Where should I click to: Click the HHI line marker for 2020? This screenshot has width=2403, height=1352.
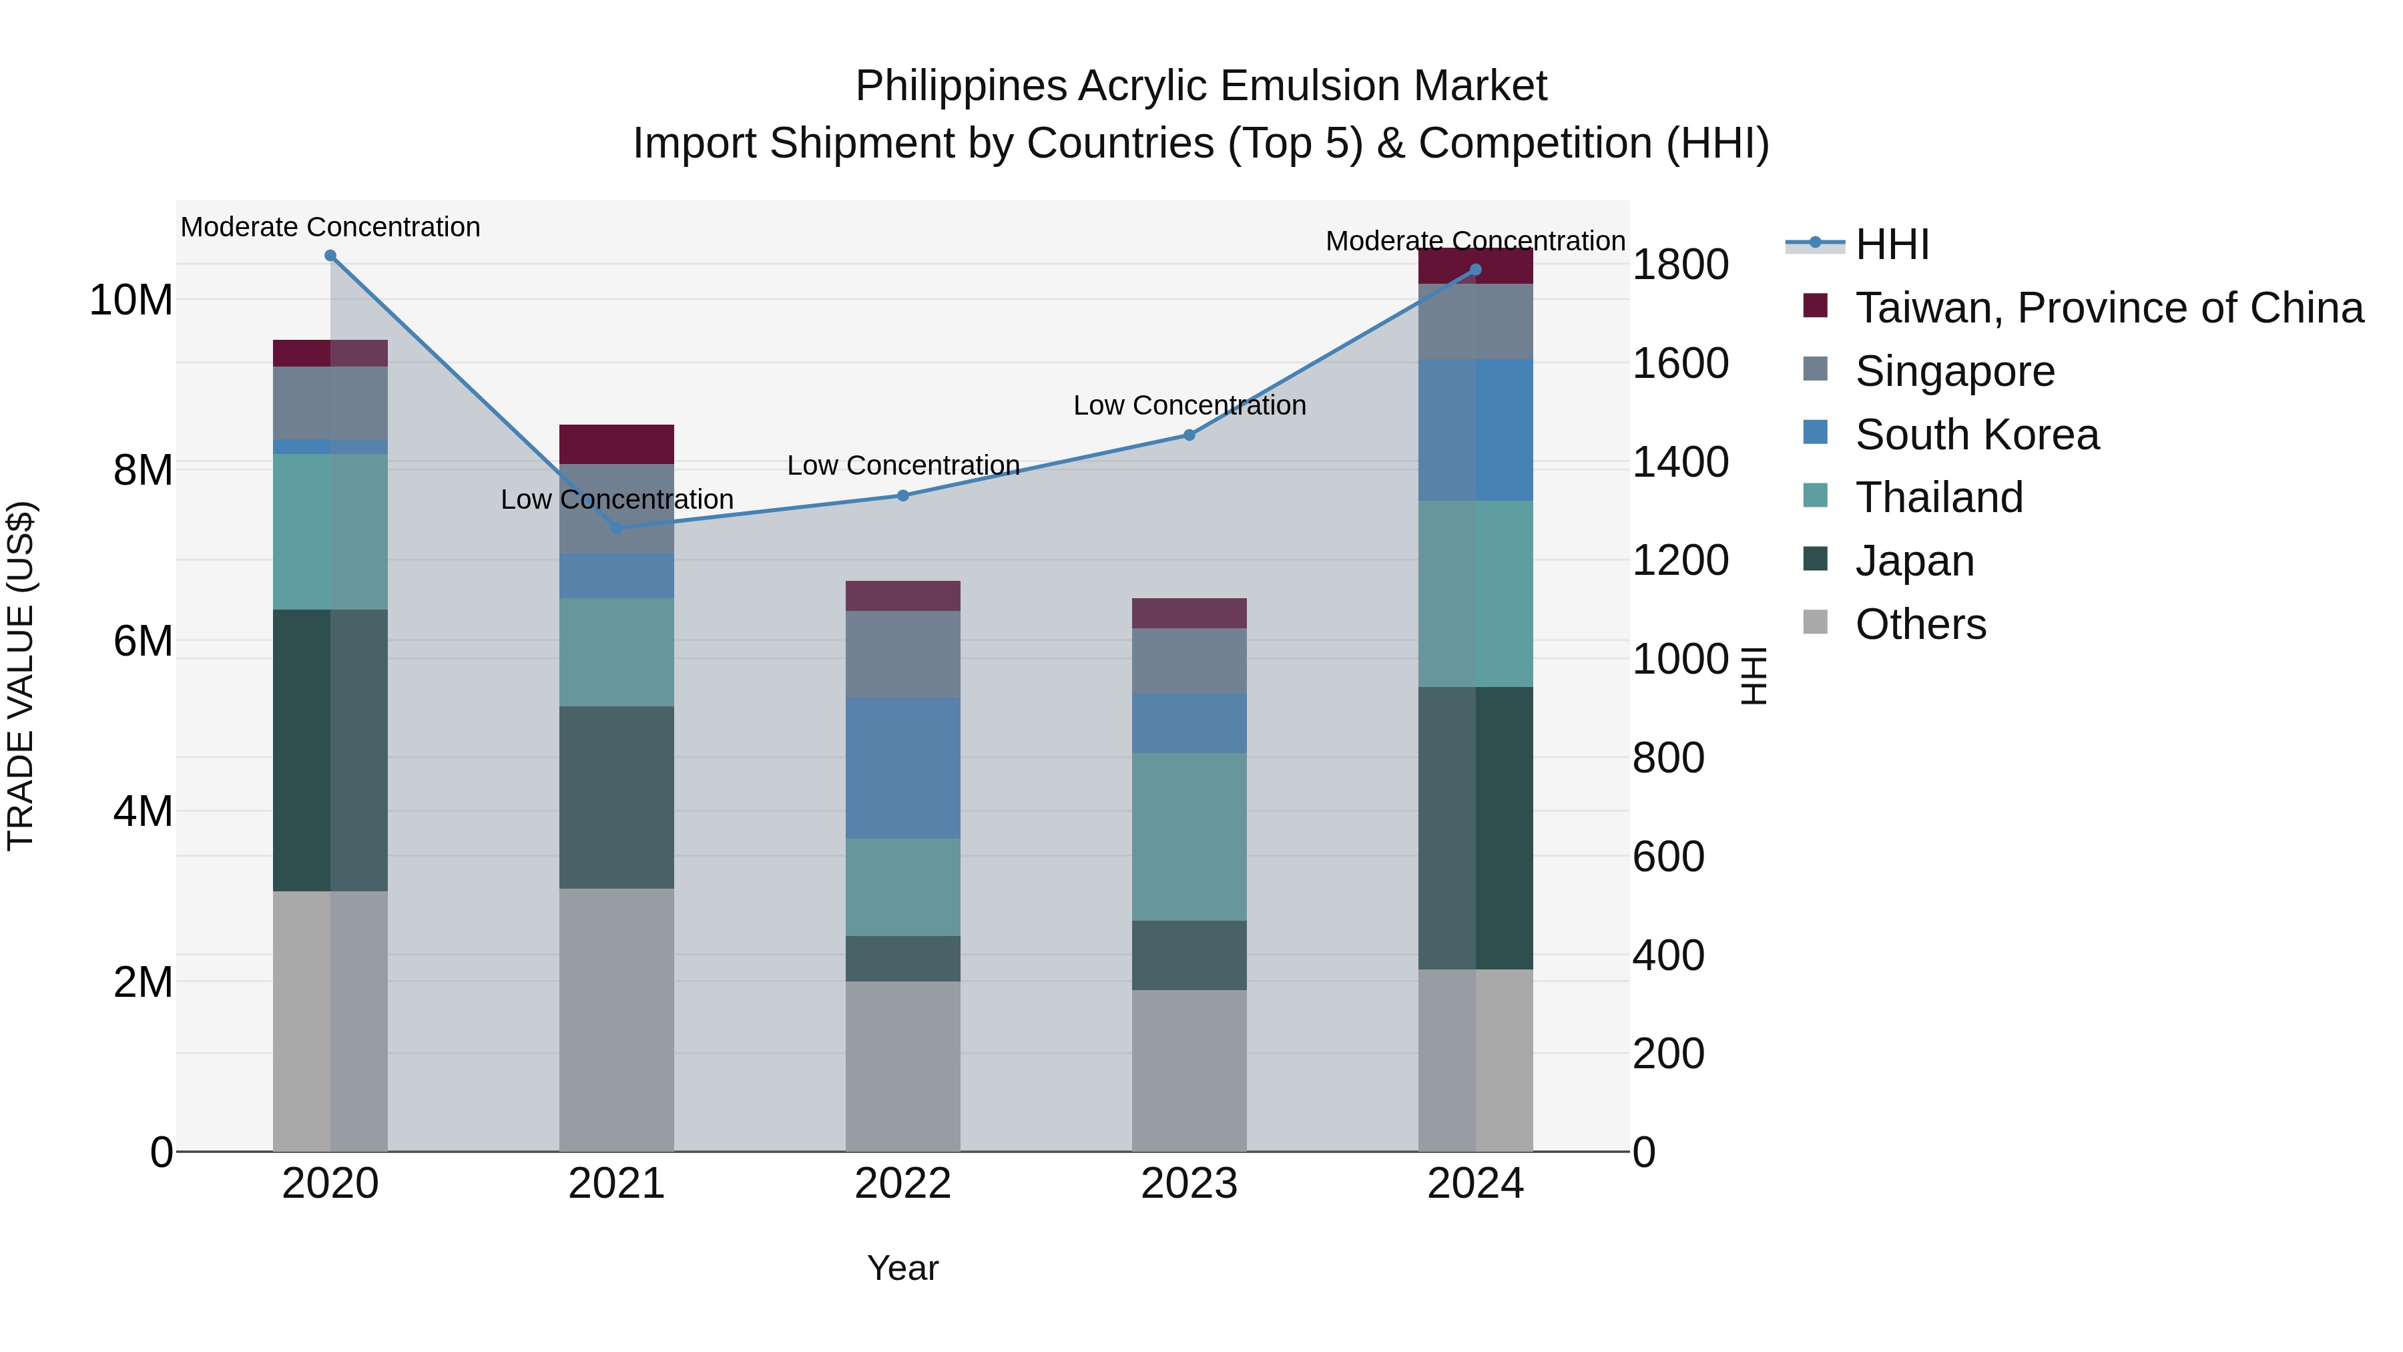[330, 256]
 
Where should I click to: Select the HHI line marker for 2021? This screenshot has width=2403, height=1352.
[617, 528]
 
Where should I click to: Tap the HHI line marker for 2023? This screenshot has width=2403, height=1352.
[1189, 435]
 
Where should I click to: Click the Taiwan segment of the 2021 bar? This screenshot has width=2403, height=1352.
[617, 444]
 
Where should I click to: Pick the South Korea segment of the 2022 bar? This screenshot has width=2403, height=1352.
[903, 768]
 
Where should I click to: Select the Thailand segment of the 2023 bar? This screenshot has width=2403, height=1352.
[1189, 837]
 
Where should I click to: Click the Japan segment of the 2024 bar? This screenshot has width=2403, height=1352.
[1476, 828]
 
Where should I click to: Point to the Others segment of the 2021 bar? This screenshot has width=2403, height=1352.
[617, 1019]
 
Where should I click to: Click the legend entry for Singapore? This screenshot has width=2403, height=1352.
[1954, 371]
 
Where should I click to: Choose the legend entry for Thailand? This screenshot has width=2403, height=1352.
[1938, 497]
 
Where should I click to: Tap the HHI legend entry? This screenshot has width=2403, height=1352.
[1892, 244]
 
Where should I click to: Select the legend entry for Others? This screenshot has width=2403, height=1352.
[1920, 624]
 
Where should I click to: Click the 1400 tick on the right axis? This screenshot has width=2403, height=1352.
[1680, 462]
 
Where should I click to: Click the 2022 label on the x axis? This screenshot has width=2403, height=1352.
[903, 1184]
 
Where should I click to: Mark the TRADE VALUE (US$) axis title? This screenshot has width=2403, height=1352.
[21, 676]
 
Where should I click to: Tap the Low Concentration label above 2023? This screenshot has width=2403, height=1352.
[1189, 405]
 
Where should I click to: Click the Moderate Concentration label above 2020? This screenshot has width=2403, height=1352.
[330, 227]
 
